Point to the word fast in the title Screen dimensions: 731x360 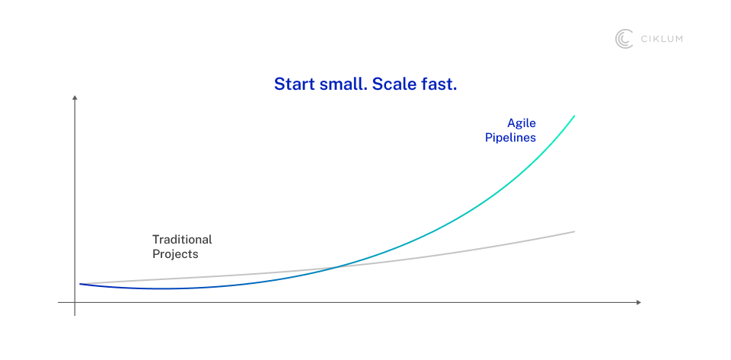(x=439, y=84)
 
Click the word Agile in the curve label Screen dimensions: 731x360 (x=522, y=124)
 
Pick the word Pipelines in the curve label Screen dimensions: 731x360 (x=510, y=138)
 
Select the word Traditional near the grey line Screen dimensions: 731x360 (x=182, y=240)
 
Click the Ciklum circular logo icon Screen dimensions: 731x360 (x=624, y=39)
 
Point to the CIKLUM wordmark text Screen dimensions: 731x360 (x=661, y=39)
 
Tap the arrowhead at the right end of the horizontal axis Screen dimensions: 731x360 (x=639, y=303)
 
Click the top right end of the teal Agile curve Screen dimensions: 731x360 (x=574, y=116)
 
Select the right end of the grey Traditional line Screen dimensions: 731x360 (x=574, y=231)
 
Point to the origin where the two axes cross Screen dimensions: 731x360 (x=75, y=303)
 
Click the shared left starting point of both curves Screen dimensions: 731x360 (x=80, y=284)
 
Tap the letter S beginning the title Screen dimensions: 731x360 (x=279, y=84)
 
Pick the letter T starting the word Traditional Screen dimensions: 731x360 (x=156, y=240)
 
